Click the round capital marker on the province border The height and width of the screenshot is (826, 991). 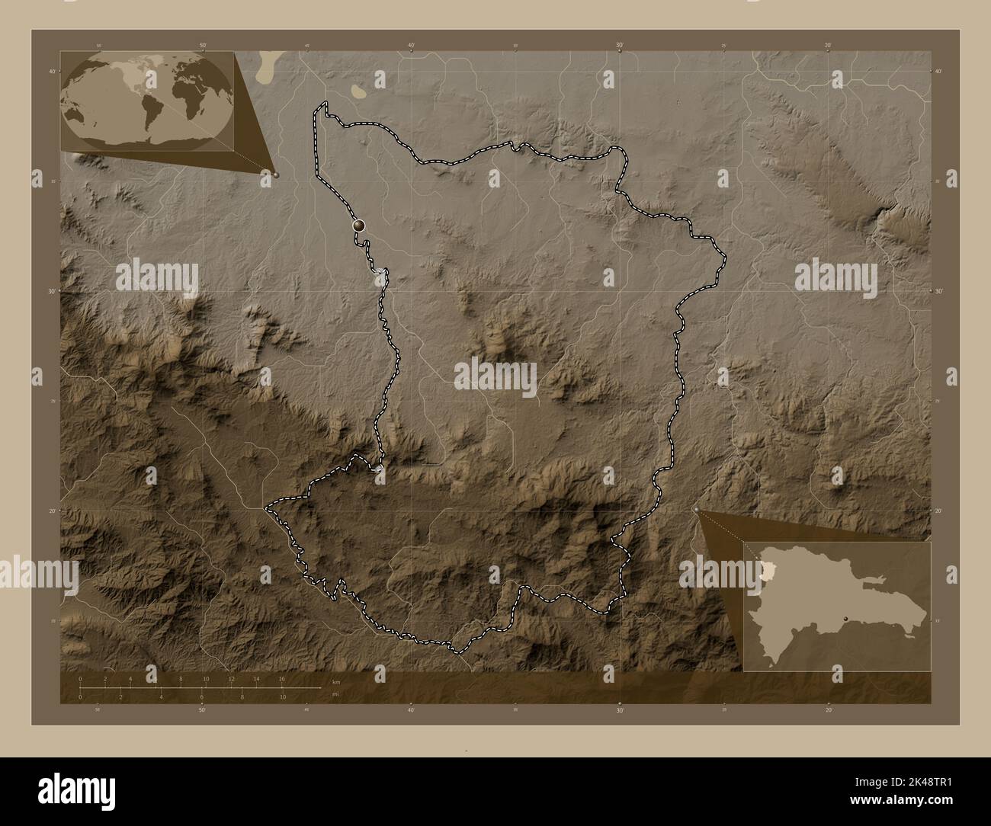358,226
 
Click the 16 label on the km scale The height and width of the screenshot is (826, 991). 282,678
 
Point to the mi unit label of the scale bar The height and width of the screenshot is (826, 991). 334,693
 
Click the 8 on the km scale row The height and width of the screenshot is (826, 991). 181,678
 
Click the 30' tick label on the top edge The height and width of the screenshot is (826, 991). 621,46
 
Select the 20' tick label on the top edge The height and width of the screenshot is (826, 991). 829,46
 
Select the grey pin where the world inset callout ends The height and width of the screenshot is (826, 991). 276,174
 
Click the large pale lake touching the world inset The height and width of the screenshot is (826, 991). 267,67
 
